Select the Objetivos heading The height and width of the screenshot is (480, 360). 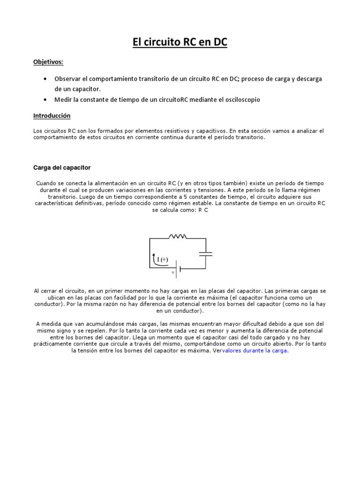pos(48,62)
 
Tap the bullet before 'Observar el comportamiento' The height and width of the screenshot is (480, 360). pos(45,78)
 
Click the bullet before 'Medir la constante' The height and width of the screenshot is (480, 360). pos(45,100)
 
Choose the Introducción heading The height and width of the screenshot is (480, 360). pos(52,115)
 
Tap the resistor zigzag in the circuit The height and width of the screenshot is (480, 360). pos(177,237)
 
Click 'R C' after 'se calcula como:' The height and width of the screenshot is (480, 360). pos(202,210)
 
